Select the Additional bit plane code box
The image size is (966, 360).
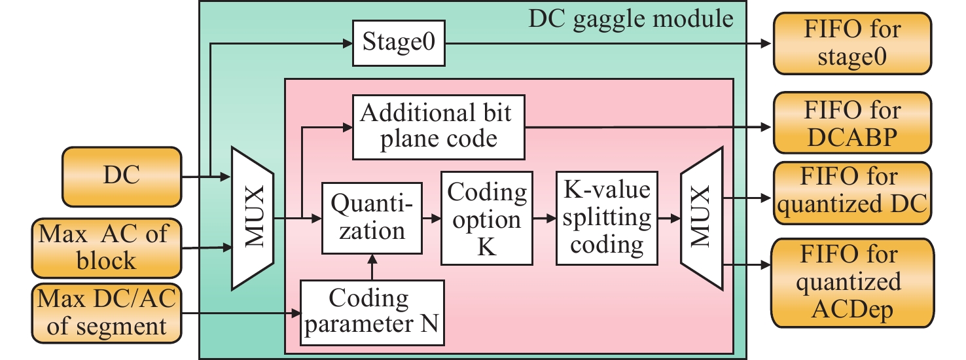point(438,127)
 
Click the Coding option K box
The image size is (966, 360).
point(484,218)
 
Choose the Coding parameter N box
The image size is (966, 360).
point(372,313)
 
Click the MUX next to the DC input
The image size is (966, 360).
point(253,218)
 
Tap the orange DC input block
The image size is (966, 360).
point(121,175)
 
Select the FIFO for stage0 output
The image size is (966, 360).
point(851,43)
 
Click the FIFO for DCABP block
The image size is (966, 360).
point(851,122)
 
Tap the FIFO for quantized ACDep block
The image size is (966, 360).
point(851,283)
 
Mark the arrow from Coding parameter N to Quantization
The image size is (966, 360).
point(372,266)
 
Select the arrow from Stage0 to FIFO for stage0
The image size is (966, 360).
point(602,45)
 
